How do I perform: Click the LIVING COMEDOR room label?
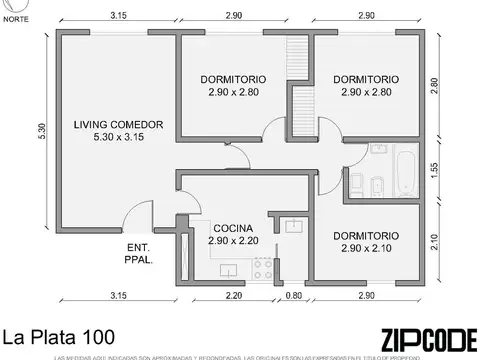click(112, 125)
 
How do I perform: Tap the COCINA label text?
click(233, 227)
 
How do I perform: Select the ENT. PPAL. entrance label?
click(139, 253)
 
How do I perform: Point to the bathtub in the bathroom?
click(403, 173)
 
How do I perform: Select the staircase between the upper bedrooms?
click(297, 60)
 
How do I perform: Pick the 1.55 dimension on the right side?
click(434, 172)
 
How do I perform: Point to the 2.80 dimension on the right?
click(434, 86)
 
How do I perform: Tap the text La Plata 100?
click(57, 337)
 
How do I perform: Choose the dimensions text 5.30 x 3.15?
click(112, 138)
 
